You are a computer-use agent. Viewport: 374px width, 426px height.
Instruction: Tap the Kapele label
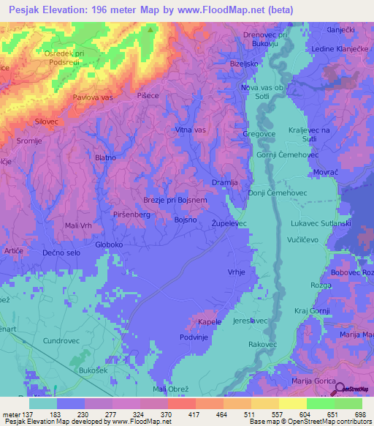tap(209, 322)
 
